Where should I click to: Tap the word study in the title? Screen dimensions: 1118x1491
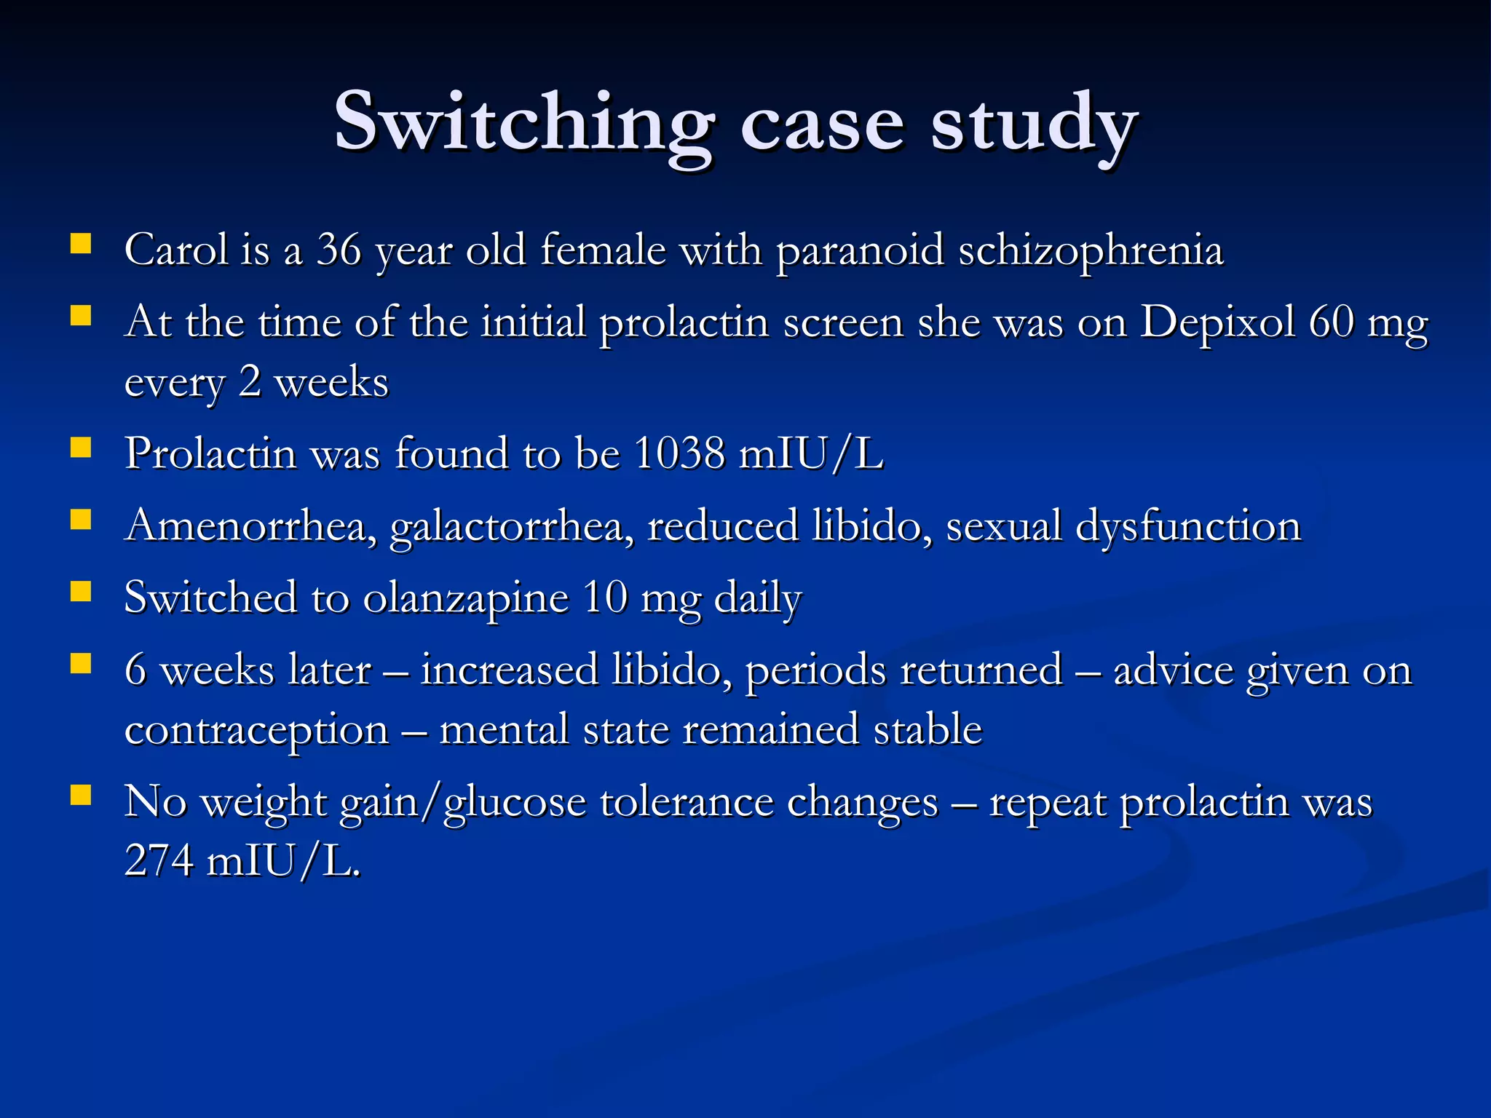tap(1034, 124)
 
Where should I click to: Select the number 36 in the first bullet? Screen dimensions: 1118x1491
tap(339, 250)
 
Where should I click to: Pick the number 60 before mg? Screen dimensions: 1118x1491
tap(1332, 322)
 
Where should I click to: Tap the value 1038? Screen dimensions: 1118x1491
tap(679, 453)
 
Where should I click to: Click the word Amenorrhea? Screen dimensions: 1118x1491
tap(250, 526)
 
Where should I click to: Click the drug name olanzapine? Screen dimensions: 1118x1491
tap(466, 599)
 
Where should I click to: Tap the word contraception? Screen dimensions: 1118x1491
tap(257, 731)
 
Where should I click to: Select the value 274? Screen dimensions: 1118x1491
tap(159, 860)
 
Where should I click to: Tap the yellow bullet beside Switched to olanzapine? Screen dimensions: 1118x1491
tap(81, 592)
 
